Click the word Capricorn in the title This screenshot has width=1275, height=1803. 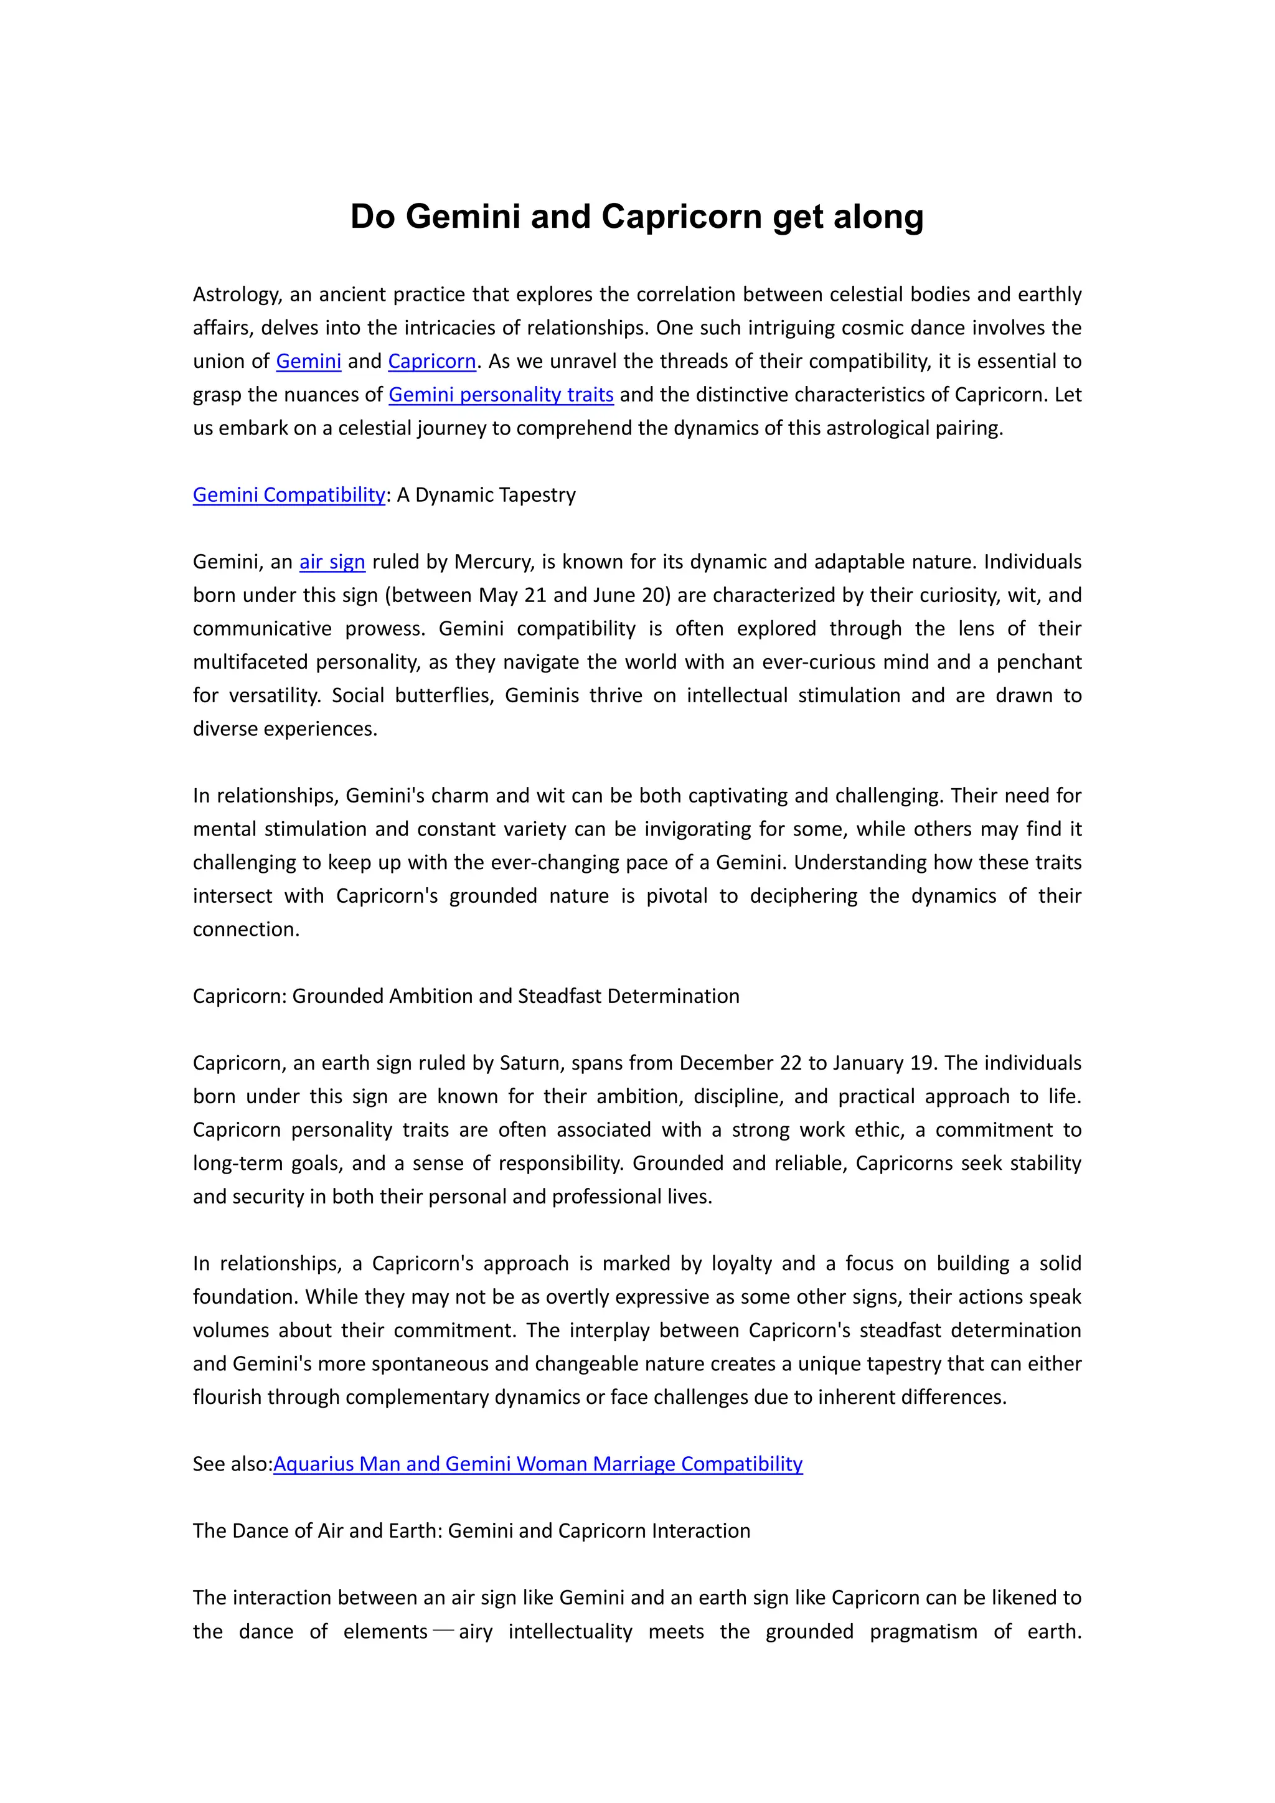pyautogui.click(x=682, y=217)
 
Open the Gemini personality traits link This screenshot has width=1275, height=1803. pyautogui.click(x=501, y=394)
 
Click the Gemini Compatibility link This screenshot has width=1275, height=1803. pyautogui.click(x=289, y=495)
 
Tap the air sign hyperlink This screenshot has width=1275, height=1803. pyautogui.click(x=332, y=562)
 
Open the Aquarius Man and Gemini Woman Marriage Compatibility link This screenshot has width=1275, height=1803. pyautogui.click(x=538, y=1464)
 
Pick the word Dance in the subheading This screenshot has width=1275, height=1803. pyautogui.click(x=265, y=1530)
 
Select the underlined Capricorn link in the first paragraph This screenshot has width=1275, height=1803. pyautogui.click(x=432, y=361)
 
